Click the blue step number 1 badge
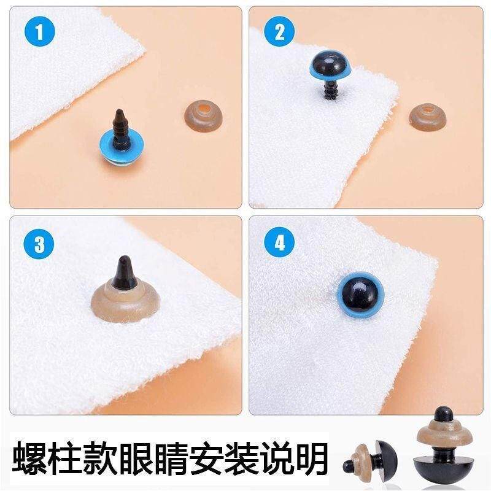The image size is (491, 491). click(x=40, y=31)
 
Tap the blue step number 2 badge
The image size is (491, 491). click(x=279, y=31)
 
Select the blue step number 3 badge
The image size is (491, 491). click(x=39, y=244)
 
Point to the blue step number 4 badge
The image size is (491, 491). click(x=279, y=242)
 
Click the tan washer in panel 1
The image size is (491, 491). click(x=203, y=115)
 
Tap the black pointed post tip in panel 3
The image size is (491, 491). click(x=125, y=272)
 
